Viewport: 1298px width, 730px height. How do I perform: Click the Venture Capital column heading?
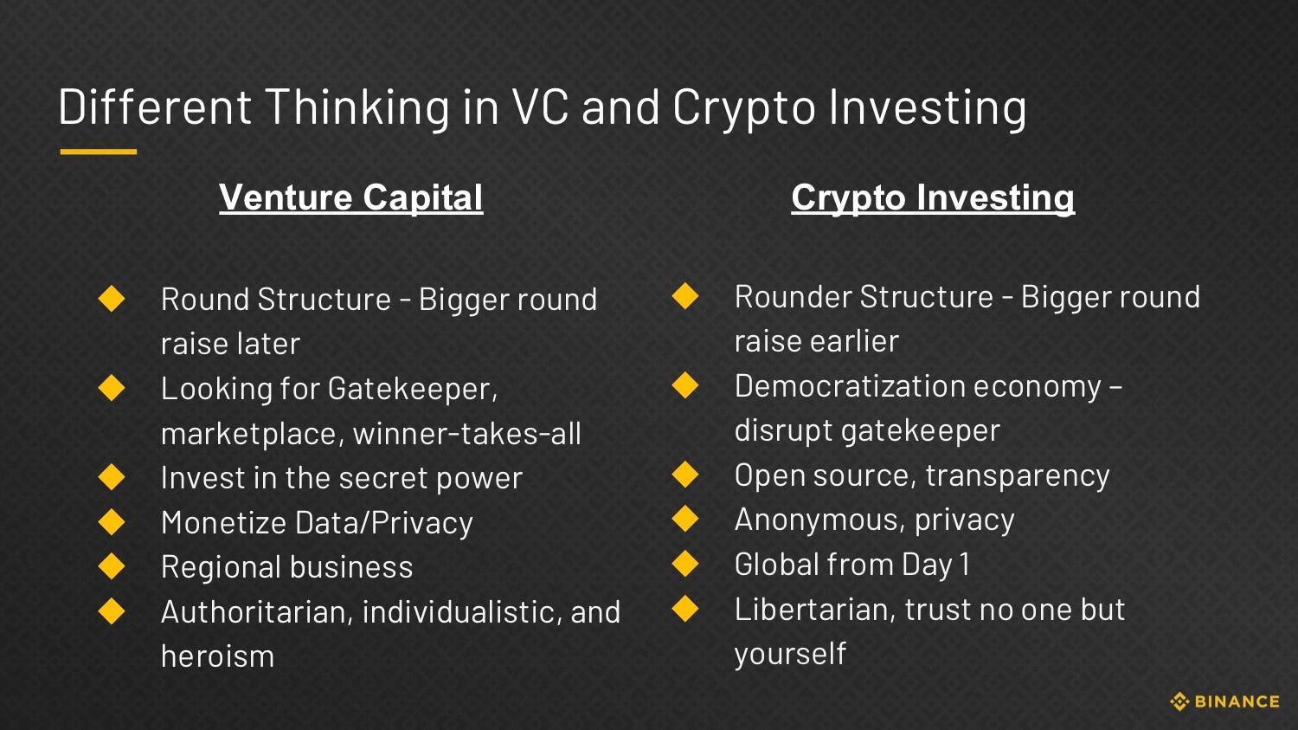tap(350, 197)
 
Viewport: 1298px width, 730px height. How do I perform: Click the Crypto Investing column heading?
tap(932, 197)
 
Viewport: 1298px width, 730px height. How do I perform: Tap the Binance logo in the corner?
tap(1224, 701)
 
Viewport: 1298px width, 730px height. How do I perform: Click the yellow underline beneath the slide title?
tap(98, 152)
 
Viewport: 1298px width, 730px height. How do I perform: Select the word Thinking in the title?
tap(357, 107)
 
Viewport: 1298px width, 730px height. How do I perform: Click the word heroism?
tap(217, 656)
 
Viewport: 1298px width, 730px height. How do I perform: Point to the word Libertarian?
tap(813, 610)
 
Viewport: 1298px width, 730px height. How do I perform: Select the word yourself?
tap(789, 654)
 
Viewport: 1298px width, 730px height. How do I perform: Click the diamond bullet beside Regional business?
tap(112, 566)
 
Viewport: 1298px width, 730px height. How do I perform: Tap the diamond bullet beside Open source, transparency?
tap(685, 475)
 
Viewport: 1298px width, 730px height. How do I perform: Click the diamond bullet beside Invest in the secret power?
tap(112, 477)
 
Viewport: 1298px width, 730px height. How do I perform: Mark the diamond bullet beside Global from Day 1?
tap(685, 564)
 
